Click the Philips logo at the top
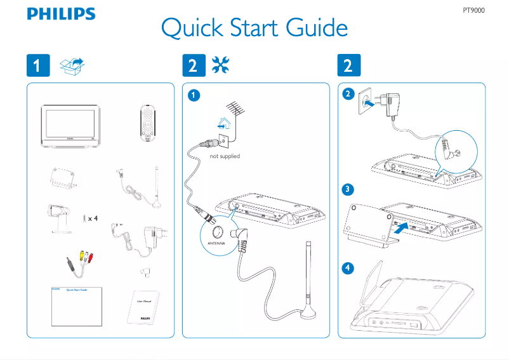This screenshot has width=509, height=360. pos(61,14)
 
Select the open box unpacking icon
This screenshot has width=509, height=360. pos(72,65)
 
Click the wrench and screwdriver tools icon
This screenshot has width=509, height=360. pos(221,65)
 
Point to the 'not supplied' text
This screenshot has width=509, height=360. pos(225,156)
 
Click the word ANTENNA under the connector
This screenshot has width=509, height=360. pos(217,244)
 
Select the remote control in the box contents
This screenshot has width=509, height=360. pos(148,123)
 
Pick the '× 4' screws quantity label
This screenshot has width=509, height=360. pos(93,218)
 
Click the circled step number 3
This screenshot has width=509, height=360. pos(347,189)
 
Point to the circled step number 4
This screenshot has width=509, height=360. pos(347,268)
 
